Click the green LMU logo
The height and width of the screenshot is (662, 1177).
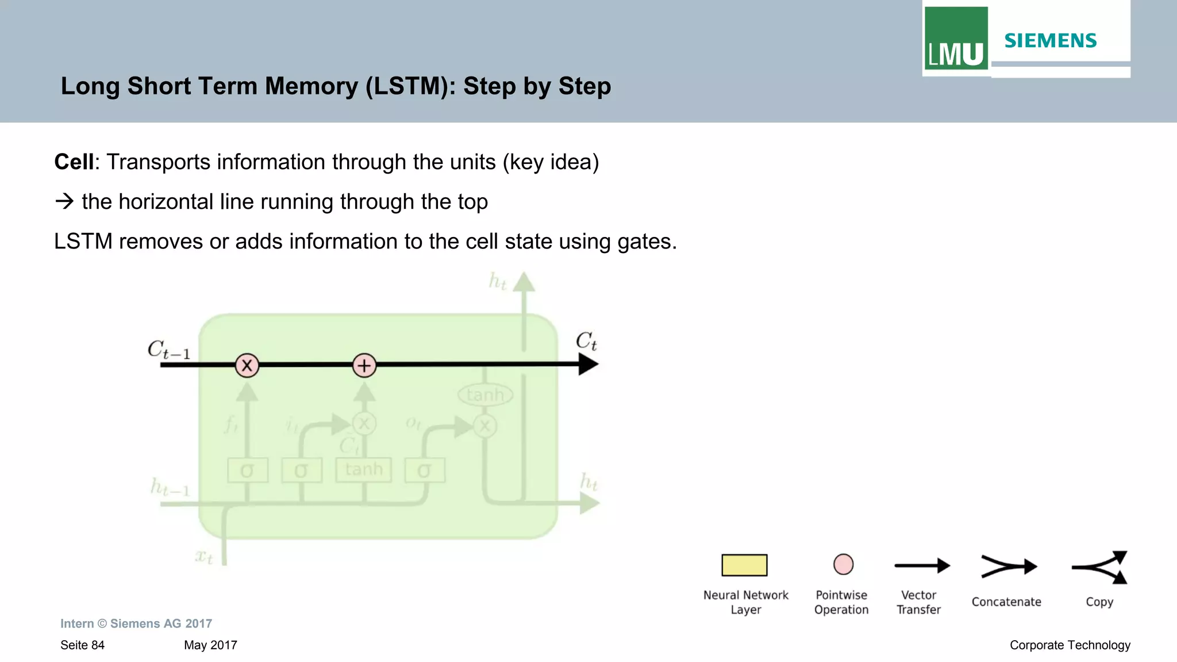956,39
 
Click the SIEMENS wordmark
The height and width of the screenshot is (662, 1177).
1050,41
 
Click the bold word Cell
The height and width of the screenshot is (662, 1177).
74,162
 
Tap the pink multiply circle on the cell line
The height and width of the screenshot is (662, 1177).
247,365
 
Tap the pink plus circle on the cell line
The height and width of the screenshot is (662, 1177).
364,365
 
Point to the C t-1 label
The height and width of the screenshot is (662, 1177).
168,350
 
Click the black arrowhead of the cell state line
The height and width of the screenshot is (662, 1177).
588,364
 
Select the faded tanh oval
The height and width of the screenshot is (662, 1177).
485,395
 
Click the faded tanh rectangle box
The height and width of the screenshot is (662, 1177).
364,470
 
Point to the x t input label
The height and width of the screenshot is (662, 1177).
204,556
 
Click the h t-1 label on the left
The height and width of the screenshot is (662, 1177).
170,488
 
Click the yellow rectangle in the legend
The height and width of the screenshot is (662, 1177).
744,565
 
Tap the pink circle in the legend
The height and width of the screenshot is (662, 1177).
843,564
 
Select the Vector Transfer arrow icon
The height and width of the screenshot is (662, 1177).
922,566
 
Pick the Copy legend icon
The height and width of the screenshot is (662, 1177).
1100,567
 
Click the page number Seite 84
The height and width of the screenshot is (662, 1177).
82,645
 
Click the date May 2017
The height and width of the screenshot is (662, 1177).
210,645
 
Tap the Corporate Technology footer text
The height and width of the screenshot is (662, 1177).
1070,645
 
